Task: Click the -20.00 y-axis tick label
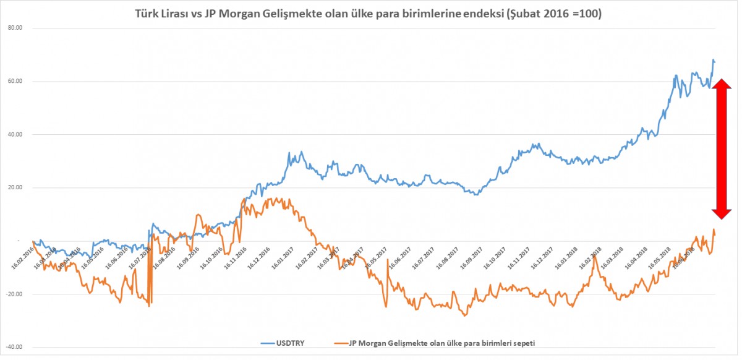(14, 294)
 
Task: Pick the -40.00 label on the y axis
(14, 347)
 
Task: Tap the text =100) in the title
(588, 13)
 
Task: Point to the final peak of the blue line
(713, 59)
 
